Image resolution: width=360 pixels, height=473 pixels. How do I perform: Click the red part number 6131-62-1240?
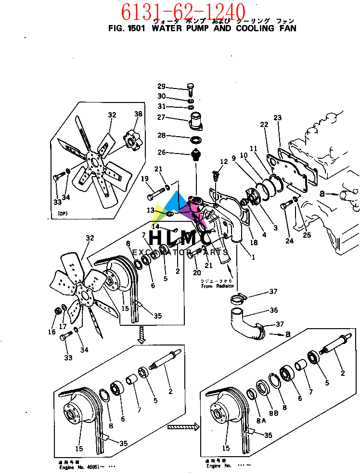[183, 11]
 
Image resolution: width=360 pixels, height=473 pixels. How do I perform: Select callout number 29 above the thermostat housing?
[161, 87]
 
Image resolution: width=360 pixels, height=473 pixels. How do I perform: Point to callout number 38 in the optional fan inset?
[138, 115]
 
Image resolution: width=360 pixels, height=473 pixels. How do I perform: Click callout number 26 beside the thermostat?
[161, 153]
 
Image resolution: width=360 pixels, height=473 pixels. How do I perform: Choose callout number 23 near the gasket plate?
[277, 118]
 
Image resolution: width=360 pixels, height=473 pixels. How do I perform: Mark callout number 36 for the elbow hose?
[273, 310]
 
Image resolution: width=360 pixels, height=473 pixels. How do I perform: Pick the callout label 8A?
[260, 420]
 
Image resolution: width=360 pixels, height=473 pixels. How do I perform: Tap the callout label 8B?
[273, 413]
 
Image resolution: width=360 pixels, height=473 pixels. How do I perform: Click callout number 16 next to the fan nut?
[51, 332]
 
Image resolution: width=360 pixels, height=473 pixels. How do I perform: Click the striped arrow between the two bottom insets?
[183, 426]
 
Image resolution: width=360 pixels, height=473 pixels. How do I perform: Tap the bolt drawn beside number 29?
[191, 88]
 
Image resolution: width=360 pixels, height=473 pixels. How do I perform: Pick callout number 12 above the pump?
[223, 162]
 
